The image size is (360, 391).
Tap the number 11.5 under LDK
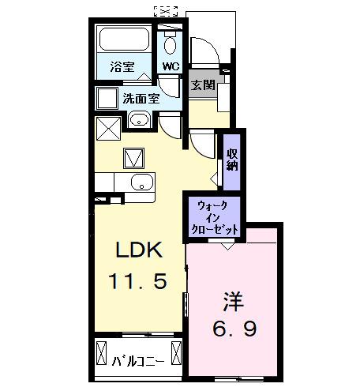coord(138,281)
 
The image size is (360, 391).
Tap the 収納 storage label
coord(232,160)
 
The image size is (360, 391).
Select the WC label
coord(170,66)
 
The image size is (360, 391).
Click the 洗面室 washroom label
coord(142,99)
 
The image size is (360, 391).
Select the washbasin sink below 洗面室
coord(138,121)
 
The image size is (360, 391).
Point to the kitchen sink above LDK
coord(141,183)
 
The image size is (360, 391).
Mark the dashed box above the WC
coord(165,11)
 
